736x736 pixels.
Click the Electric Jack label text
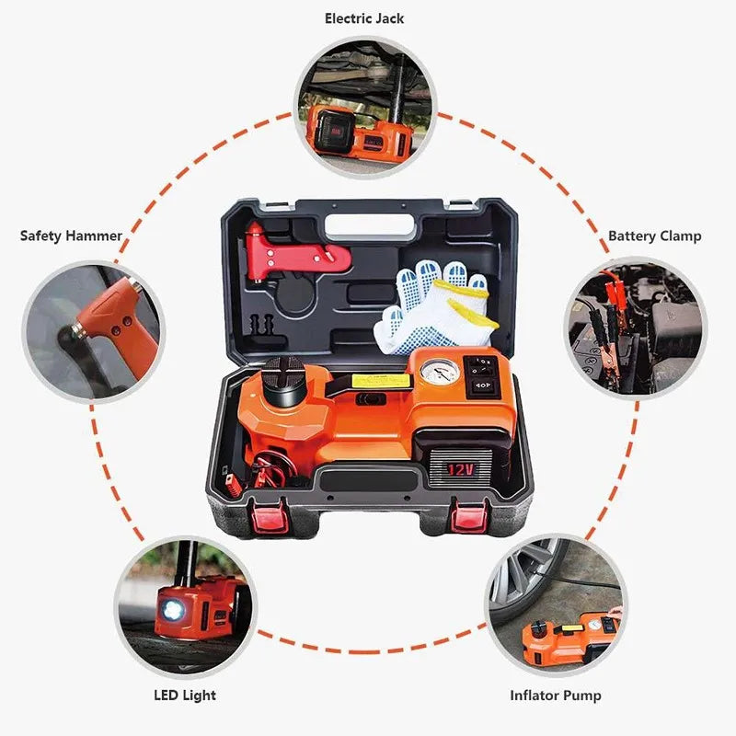364,18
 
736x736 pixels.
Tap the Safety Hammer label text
72,236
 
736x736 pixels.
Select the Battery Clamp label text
655,236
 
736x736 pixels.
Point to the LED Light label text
185,696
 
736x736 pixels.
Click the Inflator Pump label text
556,696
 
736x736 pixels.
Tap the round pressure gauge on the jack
440,373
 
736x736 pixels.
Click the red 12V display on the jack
461,469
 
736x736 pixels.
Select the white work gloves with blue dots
436,307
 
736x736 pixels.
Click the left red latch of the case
269,515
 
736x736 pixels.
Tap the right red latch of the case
470,515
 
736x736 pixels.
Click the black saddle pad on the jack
283,379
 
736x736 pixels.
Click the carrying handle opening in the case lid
370,226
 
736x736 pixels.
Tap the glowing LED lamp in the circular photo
172,610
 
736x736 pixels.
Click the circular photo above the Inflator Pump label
556,605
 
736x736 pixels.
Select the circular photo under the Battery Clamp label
636,328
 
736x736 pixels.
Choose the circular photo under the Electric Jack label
364,108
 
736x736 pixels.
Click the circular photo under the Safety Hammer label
94,331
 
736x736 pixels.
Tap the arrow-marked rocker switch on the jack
482,386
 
